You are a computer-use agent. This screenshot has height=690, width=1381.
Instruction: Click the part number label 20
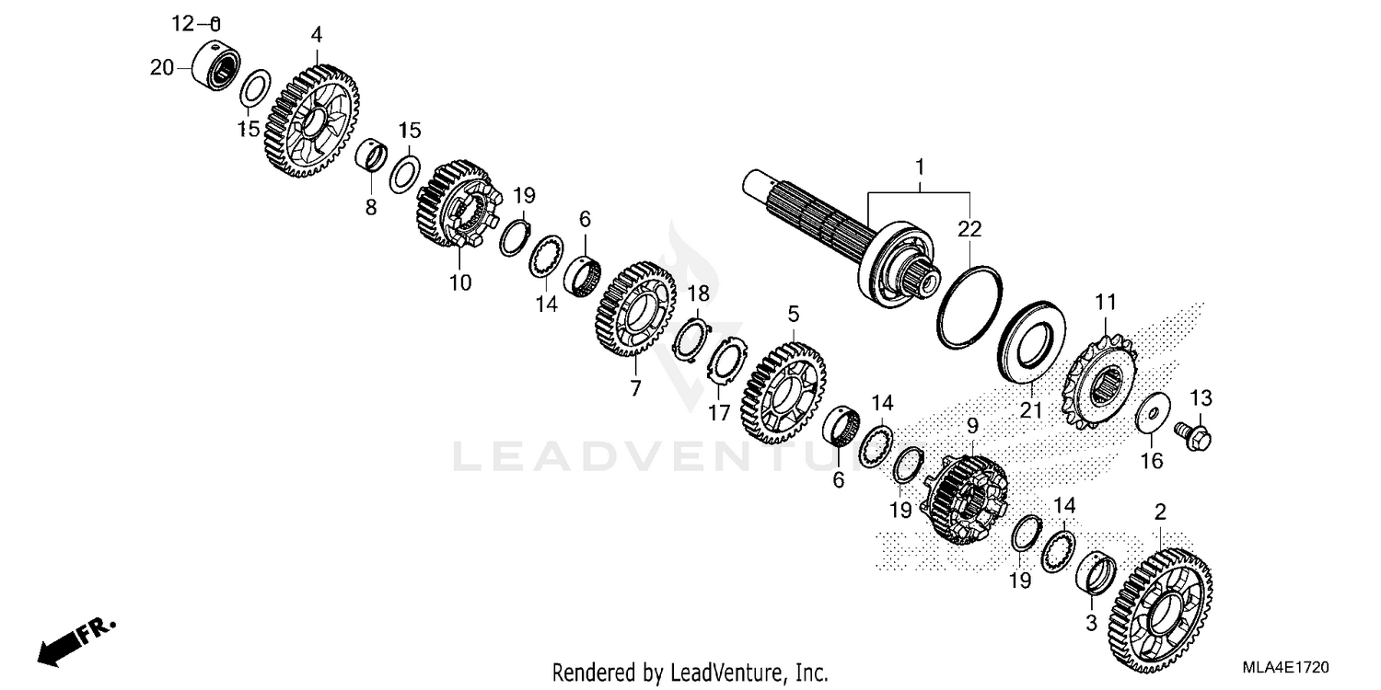tap(162, 67)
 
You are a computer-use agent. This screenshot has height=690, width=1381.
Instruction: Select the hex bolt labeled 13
tap(1193, 436)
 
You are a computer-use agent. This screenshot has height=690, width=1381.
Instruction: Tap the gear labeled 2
tap(1160, 617)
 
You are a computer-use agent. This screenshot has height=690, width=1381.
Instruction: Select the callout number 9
tap(972, 425)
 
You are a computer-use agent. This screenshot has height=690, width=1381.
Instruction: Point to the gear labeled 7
tap(635, 308)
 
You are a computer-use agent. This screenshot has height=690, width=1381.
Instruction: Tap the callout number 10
tap(460, 282)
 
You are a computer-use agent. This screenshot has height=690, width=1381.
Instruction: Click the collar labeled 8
tap(371, 155)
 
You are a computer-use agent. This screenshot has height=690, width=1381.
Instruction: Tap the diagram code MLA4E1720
tap(1285, 667)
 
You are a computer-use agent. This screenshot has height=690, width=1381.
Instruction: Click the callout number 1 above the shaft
tap(920, 167)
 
